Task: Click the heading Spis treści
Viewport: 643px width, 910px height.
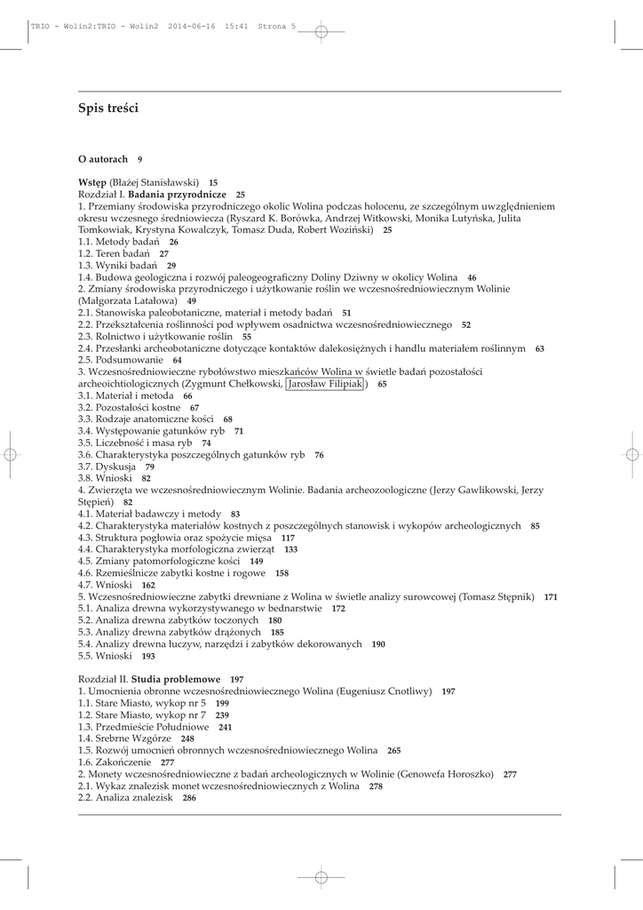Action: pyautogui.click(x=108, y=108)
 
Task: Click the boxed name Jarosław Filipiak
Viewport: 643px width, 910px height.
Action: pyautogui.click(x=325, y=384)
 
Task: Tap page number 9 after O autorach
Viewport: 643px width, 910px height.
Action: pyautogui.click(x=140, y=159)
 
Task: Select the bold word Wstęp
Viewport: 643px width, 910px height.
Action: pyautogui.click(x=92, y=182)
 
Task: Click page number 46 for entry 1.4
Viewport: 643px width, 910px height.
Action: pyautogui.click(x=472, y=278)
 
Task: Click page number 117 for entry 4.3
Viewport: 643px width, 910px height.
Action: pyautogui.click(x=288, y=538)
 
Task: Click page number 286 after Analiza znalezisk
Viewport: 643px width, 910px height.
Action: pyautogui.click(x=189, y=799)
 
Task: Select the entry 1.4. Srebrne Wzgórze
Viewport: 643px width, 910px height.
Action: pyautogui.click(x=126, y=738)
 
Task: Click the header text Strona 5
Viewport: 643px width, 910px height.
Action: pyautogui.click(x=276, y=27)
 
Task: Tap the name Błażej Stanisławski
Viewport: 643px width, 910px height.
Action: pyautogui.click(x=155, y=182)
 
